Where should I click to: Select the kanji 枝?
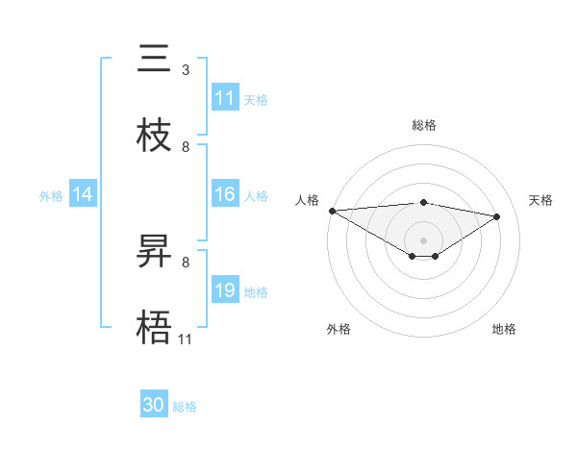(155, 136)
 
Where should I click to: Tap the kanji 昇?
(155, 252)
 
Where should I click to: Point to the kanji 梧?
(155, 328)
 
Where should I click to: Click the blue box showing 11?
(225, 98)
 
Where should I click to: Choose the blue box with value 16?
(225, 195)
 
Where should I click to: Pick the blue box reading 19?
(225, 290)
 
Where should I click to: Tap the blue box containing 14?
(83, 195)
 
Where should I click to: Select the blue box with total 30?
(154, 406)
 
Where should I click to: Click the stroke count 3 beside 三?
(185, 70)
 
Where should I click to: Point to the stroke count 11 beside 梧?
(185, 339)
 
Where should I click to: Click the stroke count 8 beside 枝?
(185, 147)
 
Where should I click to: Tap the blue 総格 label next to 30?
(185, 407)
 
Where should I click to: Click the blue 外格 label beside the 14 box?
(51, 196)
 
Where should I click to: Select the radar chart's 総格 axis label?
(424, 125)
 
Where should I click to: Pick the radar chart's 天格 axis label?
(540, 200)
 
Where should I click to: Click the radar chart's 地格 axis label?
(504, 329)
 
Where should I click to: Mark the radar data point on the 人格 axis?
(332, 211)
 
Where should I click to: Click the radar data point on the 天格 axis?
(497, 216)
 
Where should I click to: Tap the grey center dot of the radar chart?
(424, 239)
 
